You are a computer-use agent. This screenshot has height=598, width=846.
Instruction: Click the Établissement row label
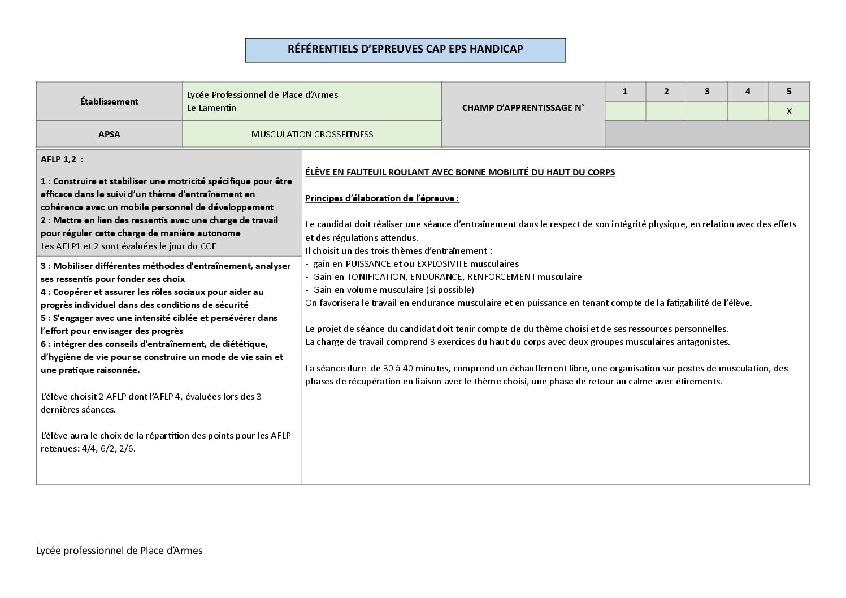tap(109, 102)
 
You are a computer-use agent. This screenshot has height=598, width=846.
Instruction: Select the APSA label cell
tap(109, 135)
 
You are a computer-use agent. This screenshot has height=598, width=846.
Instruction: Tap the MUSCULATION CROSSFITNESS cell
tap(312, 135)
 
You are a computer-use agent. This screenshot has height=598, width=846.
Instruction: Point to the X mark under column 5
tap(789, 111)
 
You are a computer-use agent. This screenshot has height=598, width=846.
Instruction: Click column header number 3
tap(707, 92)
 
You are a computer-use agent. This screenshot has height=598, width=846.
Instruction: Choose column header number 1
tap(625, 92)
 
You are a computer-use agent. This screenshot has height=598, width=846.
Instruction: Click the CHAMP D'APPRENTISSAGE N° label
tap(523, 108)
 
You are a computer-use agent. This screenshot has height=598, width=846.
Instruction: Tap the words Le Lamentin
tap(211, 108)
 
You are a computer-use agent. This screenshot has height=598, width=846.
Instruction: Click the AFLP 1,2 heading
tap(62, 159)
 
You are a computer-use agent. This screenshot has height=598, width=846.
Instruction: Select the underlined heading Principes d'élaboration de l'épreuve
tap(382, 198)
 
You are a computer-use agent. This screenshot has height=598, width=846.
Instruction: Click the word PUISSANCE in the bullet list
tap(368, 264)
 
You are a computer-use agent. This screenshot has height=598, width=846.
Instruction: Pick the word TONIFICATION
tap(376, 277)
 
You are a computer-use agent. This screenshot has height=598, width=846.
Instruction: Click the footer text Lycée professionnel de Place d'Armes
tap(119, 551)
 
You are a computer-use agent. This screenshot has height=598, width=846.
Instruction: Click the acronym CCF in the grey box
tap(208, 246)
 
